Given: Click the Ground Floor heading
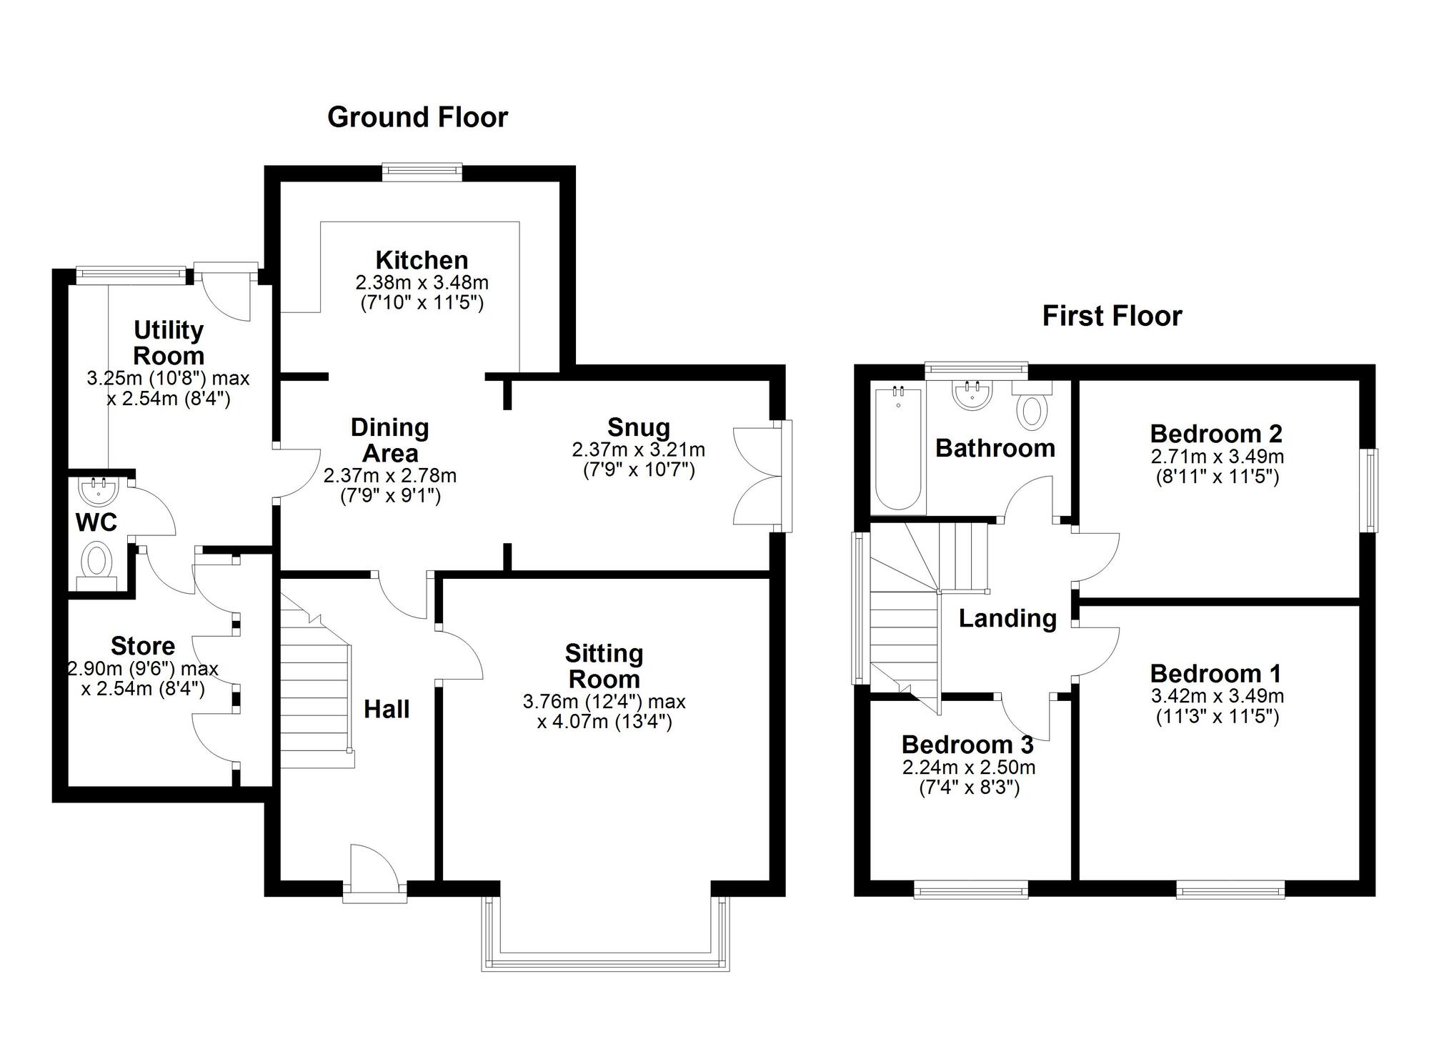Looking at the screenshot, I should (417, 117).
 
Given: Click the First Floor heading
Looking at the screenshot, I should (1112, 316).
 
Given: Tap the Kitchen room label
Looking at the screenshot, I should (422, 259).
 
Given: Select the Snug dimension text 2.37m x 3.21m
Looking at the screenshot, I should (638, 449).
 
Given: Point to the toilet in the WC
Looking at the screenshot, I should (96, 560).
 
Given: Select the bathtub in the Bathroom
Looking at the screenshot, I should (898, 448).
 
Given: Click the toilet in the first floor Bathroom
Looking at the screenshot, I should (1032, 409).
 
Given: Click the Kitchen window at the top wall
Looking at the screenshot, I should (422, 169).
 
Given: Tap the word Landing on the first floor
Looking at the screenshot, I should (1007, 618).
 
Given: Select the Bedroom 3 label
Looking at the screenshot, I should (967, 745).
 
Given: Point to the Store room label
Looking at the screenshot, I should (143, 646).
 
